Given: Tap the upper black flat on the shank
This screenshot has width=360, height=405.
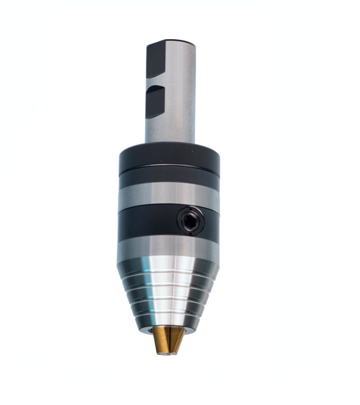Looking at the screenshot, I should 156,58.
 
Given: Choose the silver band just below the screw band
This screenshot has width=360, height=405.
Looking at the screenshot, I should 168,247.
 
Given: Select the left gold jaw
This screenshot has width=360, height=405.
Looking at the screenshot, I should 161,340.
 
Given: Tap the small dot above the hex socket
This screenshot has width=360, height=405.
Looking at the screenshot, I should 190,210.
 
